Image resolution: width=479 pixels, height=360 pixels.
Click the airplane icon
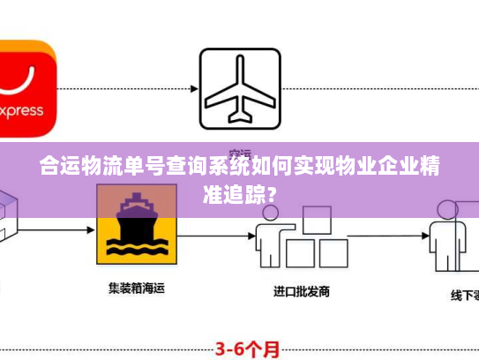click(239, 87)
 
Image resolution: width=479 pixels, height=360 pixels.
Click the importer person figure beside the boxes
click(268, 236)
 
